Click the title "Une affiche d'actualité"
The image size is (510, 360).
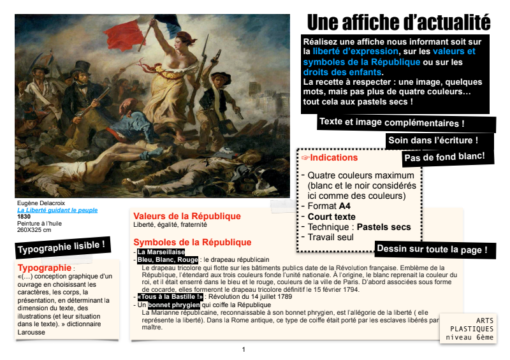(398, 22)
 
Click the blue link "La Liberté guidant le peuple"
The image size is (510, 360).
(57, 210)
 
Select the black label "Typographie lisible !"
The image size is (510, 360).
(61, 245)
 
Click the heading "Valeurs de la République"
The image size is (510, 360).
(187, 216)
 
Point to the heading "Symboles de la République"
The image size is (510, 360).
(192, 242)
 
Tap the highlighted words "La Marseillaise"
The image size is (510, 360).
(161, 252)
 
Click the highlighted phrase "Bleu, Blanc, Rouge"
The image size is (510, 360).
(168, 260)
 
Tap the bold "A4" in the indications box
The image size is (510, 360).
(345, 206)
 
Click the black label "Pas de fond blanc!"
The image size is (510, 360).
(444, 156)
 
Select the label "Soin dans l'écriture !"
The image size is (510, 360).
(432, 140)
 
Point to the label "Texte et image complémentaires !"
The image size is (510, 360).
(391, 122)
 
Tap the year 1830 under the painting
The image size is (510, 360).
(24, 217)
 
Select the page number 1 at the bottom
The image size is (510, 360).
(243, 349)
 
